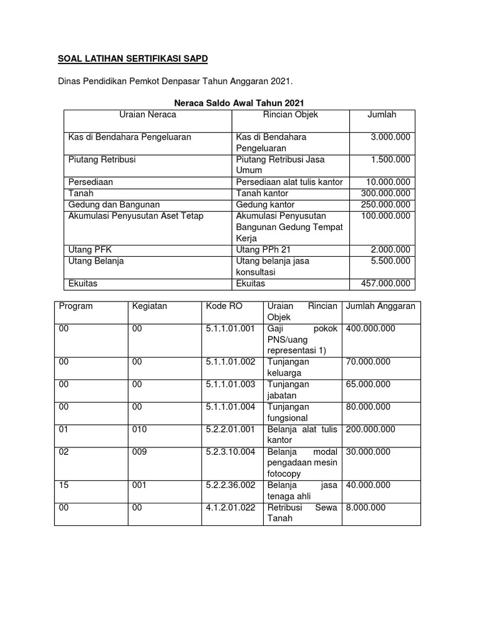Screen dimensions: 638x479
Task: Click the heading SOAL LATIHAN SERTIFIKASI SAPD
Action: [x=132, y=59]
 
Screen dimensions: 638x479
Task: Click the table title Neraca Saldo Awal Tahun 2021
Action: [x=239, y=103]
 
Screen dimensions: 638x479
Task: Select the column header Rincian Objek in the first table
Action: [x=290, y=115]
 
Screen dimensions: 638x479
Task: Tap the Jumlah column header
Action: [x=382, y=115]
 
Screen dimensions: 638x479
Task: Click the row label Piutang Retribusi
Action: [x=102, y=159]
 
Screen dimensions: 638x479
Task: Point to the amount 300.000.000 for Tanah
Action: [x=385, y=193]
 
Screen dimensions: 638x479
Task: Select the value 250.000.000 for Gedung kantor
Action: [x=385, y=204]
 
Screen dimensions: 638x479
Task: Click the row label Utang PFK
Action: [x=90, y=249]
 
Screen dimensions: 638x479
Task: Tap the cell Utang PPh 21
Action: [x=264, y=249]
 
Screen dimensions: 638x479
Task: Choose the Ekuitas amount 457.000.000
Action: [x=385, y=283]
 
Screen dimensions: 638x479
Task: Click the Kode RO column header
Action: [x=224, y=306]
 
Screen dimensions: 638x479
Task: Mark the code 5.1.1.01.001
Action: [x=230, y=328]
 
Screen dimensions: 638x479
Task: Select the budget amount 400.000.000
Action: [x=370, y=328]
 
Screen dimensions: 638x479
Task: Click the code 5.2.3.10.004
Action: [x=230, y=452]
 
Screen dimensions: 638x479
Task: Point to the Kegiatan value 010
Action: [x=140, y=429]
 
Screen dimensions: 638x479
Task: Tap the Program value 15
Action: [x=64, y=485]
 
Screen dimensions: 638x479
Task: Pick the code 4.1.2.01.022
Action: [x=230, y=507]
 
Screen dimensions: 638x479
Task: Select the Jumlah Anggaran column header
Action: [x=380, y=306]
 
